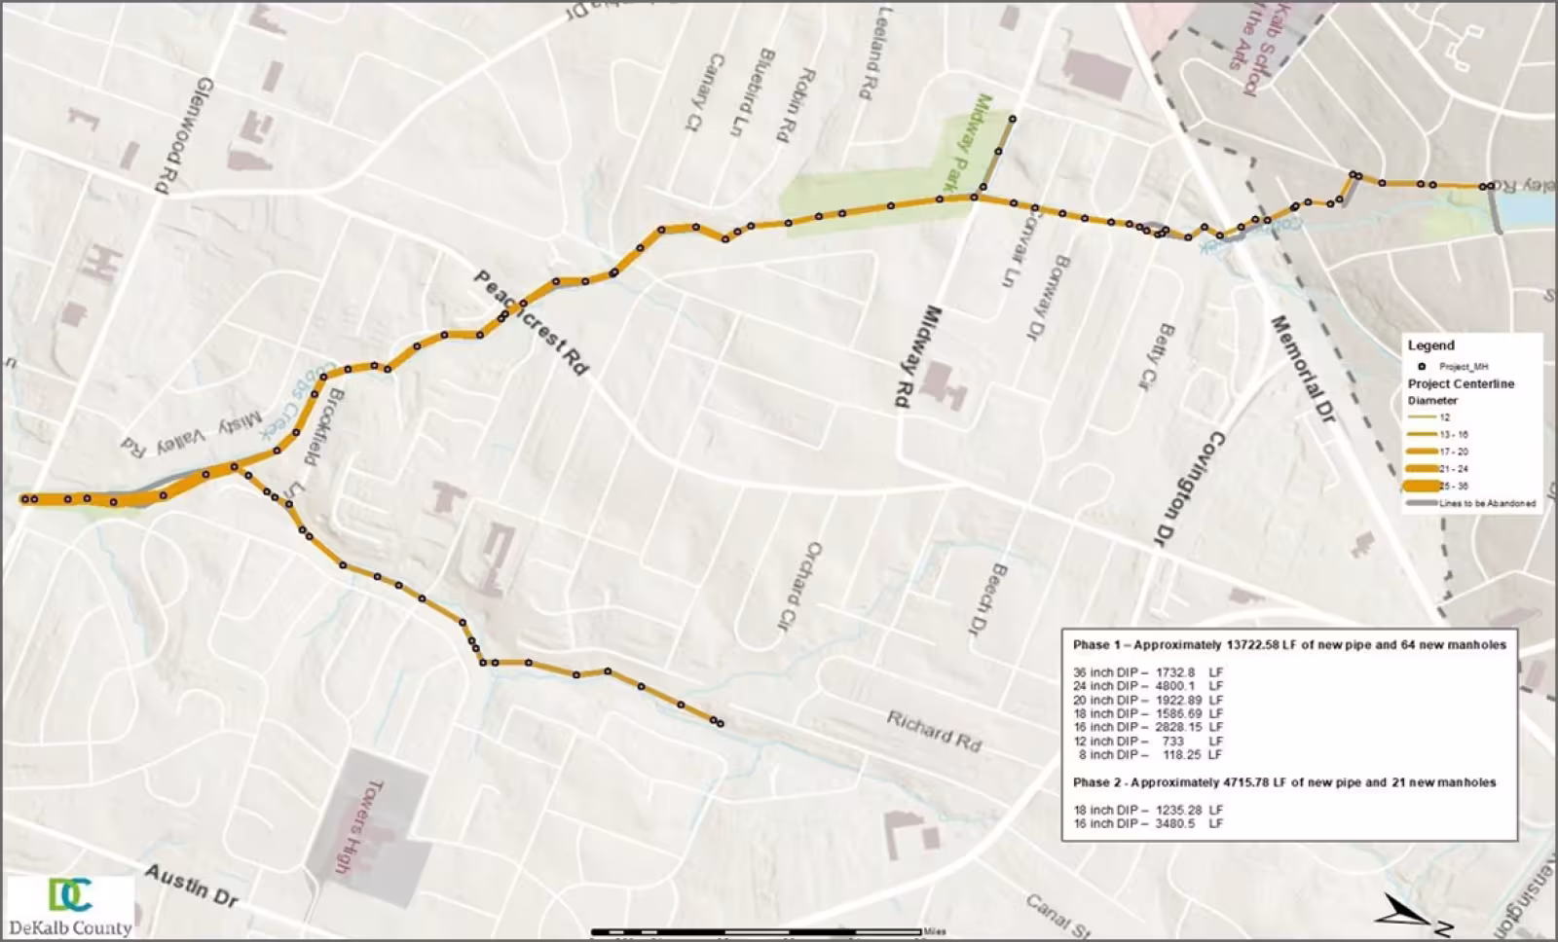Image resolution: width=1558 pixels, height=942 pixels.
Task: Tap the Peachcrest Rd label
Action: (x=532, y=323)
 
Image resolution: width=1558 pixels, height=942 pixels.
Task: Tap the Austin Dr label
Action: (x=191, y=886)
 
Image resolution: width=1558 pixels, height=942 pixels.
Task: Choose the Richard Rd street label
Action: (x=933, y=730)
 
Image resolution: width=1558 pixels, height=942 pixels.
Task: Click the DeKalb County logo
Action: (x=70, y=906)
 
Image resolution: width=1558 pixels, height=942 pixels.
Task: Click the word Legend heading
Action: (x=1430, y=345)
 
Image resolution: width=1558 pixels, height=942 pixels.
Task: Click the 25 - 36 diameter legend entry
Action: (x=1454, y=486)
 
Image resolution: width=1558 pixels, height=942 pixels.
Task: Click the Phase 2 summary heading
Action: (x=1283, y=782)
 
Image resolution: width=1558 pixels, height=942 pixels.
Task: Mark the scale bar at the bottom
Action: (x=757, y=932)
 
